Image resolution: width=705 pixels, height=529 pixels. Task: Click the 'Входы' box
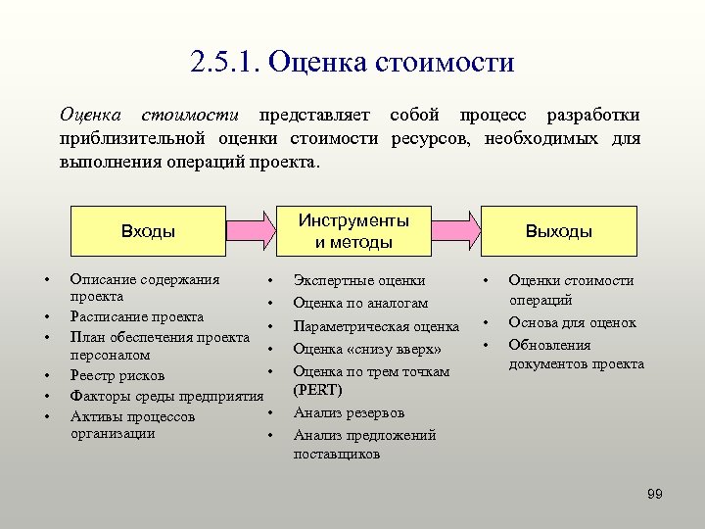pos(149,231)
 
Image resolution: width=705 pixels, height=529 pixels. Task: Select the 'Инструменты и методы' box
pos(353,231)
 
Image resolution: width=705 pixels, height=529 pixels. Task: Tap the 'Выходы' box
pos(558,231)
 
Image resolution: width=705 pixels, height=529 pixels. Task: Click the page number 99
pos(655,494)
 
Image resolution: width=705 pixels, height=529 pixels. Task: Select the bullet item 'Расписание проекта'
pos(137,316)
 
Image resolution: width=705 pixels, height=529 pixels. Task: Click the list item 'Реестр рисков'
pos(117,375)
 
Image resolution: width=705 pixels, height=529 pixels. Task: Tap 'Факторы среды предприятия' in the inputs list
pos(166,397)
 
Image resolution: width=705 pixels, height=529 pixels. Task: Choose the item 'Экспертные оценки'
pos(359,280)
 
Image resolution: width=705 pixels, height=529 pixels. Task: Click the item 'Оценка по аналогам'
pos(360,303)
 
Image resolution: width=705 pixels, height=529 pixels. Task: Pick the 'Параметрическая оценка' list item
pos(376,326)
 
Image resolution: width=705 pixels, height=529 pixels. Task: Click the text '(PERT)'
pos(318,390)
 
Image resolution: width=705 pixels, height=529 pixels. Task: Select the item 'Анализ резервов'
pos(349,412)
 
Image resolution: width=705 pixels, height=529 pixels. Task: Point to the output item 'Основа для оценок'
pos(572,322)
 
